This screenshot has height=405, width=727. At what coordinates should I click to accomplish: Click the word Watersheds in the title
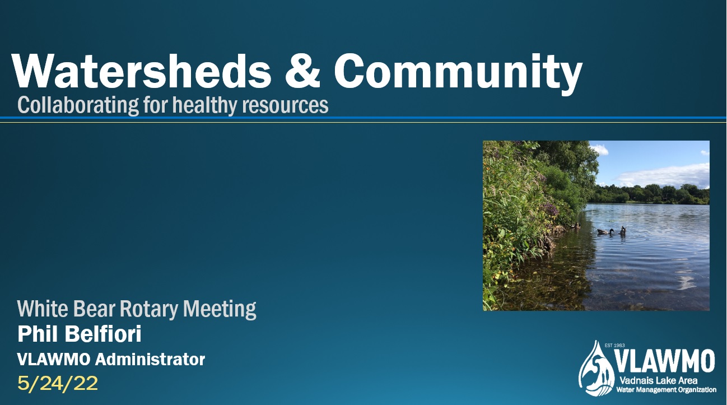click(142, 71)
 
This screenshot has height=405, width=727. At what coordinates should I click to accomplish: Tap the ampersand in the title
click(302, 71)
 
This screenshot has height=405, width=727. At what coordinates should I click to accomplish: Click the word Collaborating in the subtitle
click(78, 105)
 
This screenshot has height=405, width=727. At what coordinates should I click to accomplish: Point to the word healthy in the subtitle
click(204, 105)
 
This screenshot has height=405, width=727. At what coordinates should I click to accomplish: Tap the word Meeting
click(220, 309)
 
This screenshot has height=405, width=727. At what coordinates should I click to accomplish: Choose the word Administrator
click(150, 359)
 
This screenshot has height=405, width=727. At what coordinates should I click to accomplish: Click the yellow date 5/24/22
click(58, 384)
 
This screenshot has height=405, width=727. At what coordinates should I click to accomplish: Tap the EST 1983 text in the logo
click(615, 345)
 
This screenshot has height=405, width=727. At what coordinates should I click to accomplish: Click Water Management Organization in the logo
click(666, 389)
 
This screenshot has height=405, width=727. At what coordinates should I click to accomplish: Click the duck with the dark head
click(605, 232)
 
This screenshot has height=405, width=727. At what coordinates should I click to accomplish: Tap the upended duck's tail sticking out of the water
click(622, 230)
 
